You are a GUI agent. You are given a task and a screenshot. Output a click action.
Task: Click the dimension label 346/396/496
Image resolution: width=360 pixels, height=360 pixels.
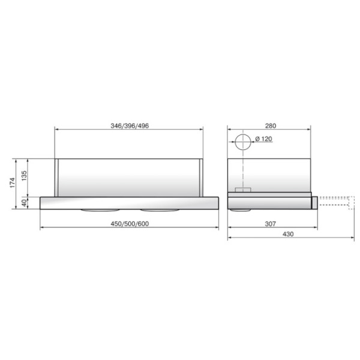130,126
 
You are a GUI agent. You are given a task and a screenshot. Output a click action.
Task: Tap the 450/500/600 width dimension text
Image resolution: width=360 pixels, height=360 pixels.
130,224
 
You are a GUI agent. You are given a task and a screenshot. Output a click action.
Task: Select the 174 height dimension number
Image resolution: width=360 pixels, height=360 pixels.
13,183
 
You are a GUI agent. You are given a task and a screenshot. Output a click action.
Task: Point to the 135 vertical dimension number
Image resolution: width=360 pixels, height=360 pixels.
24,176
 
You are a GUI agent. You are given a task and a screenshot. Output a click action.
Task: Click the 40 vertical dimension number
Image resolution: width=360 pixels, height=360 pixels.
24,203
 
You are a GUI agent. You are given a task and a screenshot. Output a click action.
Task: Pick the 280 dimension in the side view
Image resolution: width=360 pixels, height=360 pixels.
271,126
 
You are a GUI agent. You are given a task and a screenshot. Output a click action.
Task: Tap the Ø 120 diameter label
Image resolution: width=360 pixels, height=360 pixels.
263,139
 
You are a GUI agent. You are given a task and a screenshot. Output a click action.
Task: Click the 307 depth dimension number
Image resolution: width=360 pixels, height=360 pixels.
270,224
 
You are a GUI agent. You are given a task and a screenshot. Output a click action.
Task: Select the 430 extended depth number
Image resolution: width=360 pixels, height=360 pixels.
288,234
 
